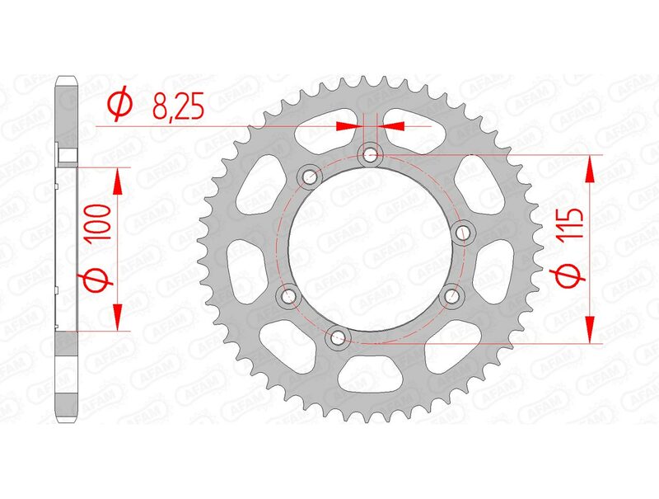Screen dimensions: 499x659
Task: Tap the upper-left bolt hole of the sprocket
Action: [310, 176]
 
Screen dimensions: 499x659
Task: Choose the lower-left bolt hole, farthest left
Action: [288, 294]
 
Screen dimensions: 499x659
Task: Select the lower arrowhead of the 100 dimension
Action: [117, 317]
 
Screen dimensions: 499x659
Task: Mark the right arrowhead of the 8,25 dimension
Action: [394, 126]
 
